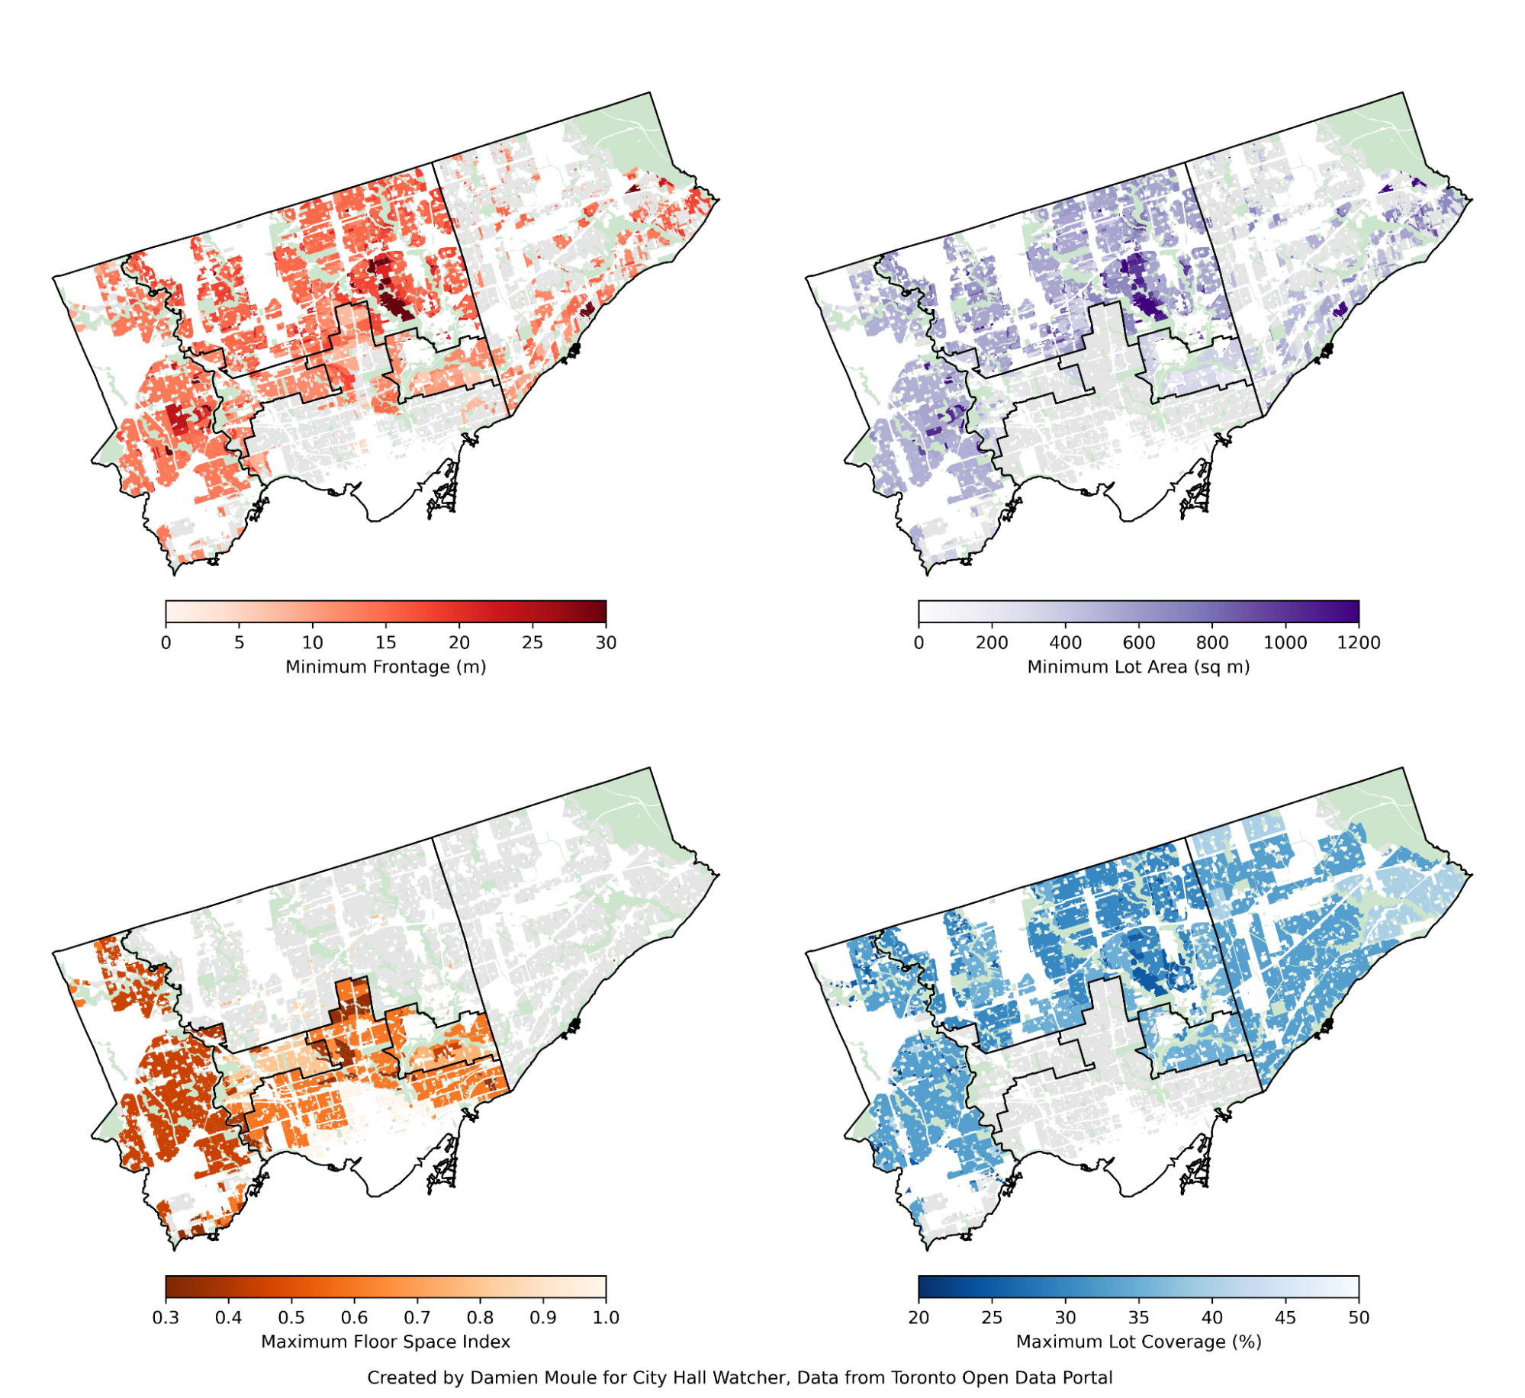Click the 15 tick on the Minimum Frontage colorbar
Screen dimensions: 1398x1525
(x=385, y=641)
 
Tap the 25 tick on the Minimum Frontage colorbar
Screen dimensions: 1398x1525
(x=532, y=641)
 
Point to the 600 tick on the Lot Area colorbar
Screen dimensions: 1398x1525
(x=1138, y=641)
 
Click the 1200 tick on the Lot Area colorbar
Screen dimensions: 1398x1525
(x=1358, y=641)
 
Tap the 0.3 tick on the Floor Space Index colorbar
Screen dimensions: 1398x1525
(x=166, y=1317)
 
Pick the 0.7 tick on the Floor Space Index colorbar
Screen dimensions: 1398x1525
(x=417, y=1317)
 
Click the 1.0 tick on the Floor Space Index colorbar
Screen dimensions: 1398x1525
(x=605, y=1317)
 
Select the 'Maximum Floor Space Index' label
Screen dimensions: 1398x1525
(x=385, y=1342)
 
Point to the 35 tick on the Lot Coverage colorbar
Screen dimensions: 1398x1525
(x=1138, y=1317)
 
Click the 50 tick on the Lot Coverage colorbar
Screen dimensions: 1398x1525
(x=1358, y=1317)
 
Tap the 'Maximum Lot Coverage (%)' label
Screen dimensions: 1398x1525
(x=1138, y=1342)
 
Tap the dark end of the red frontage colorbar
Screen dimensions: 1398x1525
(x=600, y=612)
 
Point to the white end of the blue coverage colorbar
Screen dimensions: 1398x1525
(x=1352, y=1287)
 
